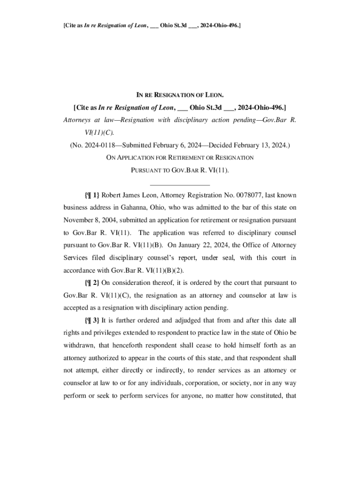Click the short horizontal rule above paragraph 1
tap(180, 184)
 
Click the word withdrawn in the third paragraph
tap(79, 346)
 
